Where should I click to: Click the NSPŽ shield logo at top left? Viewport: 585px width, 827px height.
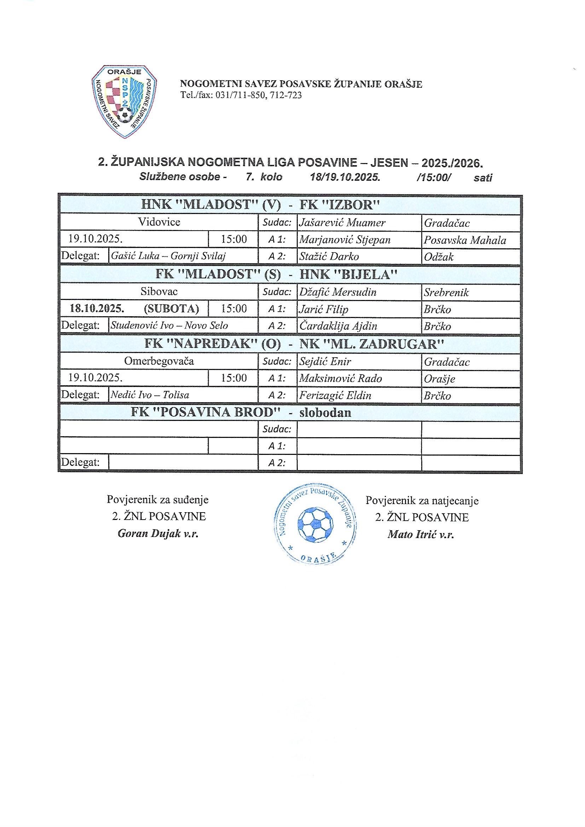[x=124, y=102]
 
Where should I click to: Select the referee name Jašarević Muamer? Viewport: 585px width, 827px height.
[x=342, y=223]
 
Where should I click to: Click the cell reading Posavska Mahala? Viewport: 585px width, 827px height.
[x=465, y=240]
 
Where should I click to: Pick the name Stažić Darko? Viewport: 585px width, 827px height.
[x=329, y=257]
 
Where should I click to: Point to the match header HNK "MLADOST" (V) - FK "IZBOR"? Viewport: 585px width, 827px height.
[x=261, y=205]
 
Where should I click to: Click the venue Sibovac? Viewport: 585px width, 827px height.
[x=159, y=291]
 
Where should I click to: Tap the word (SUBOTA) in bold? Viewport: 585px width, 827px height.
[x=171, y=309]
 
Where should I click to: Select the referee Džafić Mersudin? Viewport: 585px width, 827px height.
[x=337, y=292]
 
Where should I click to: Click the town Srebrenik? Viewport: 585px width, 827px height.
[x=446, y=292]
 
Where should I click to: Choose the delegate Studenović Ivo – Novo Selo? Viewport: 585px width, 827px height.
[x=169, y=326]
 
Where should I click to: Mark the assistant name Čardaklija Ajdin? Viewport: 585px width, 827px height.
[x=338, y=326]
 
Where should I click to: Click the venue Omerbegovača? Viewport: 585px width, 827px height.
[x=159, y=361]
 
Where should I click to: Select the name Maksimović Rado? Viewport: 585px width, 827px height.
[x=340, y=378]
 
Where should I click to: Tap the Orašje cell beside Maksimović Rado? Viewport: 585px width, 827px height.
[x=440, y=379]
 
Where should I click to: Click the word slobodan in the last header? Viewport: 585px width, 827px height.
[x=325, y=412]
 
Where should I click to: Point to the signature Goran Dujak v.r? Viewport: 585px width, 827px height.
[x=158, y=534]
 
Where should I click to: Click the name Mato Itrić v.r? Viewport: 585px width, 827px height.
[x=421, y=534]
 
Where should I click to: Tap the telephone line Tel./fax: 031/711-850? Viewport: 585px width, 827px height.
[x=241, y=96]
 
